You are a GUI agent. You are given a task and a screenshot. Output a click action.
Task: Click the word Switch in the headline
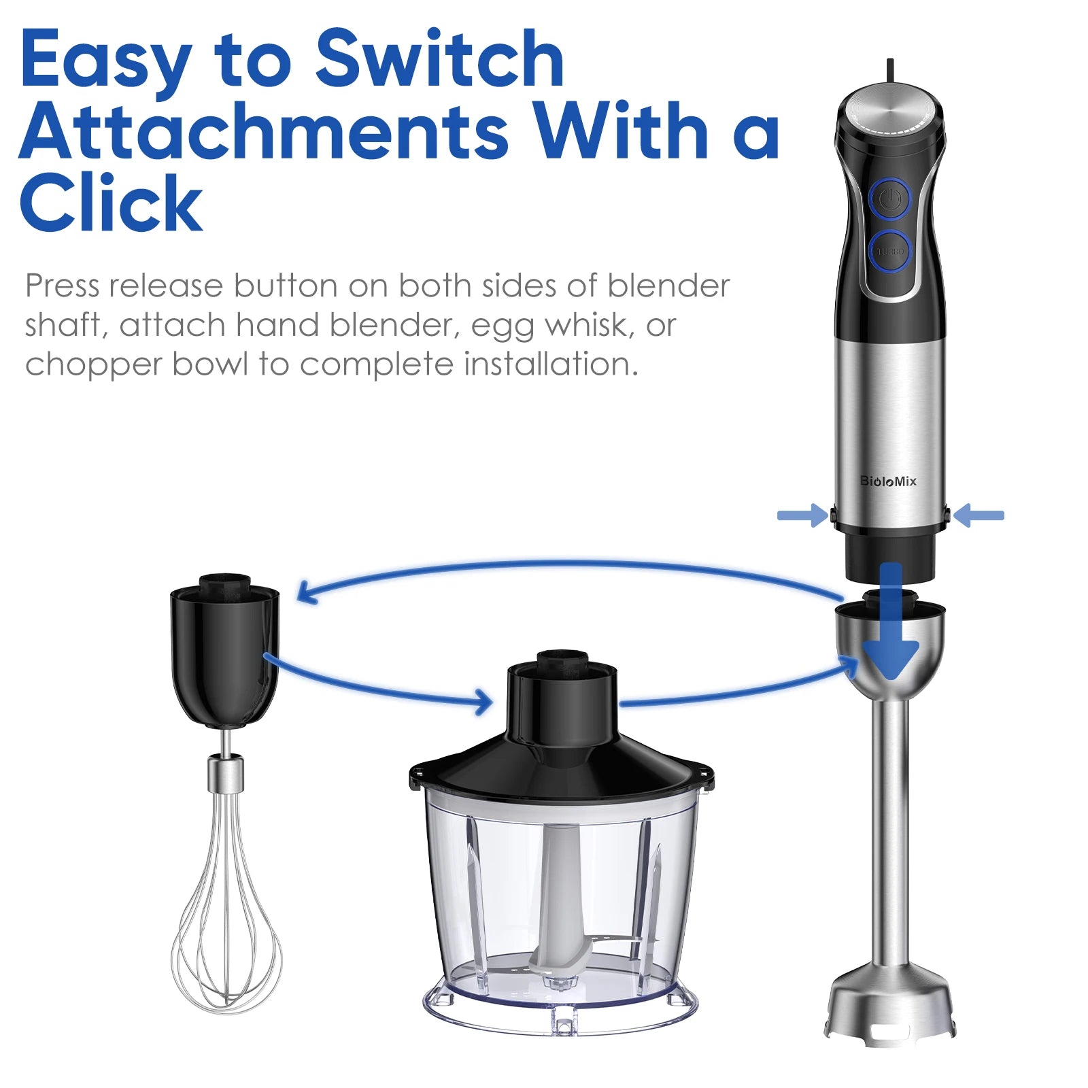point(439,60)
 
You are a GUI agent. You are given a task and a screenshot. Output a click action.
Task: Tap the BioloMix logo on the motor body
point(888,481)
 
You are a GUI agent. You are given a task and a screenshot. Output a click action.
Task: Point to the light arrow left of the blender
point(802,515)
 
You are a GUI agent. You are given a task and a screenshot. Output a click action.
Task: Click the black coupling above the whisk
point(224,653)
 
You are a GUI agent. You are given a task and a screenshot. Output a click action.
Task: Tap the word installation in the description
point(551,364)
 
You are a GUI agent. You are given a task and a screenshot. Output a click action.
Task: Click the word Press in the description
point(63,286)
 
